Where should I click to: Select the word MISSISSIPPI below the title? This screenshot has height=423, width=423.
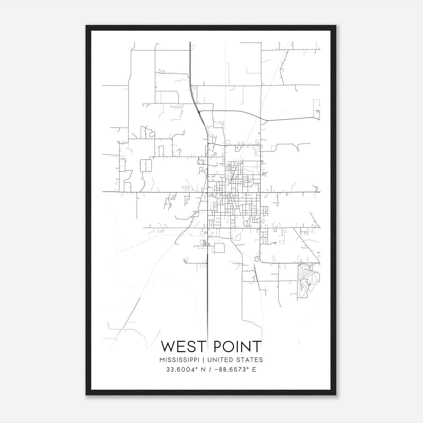pyautogui.click(x=179, y=360)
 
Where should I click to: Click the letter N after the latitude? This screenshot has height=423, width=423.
pyautogui.click(x=204, y=370)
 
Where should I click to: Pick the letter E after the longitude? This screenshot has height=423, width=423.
pyautogui.click(x=254, y=370)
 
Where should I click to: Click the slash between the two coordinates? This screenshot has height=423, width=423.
pyautogui.click(x=210, y=370)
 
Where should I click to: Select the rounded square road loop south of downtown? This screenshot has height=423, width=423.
pyautogui.click(x=219, y=248)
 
